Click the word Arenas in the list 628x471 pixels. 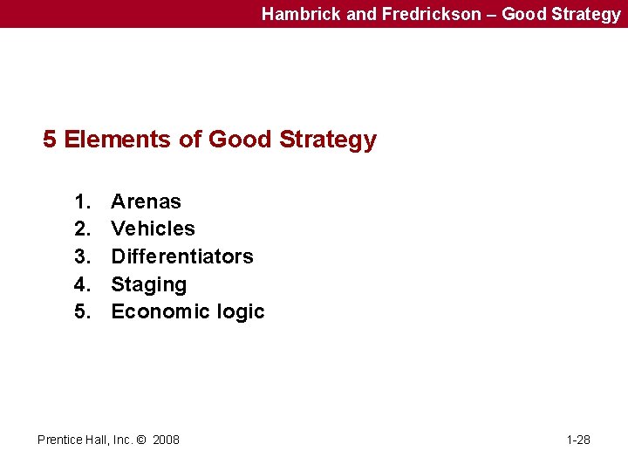tap(146, 201)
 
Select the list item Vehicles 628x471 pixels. tap(153, 229)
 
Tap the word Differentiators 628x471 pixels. tap(181, 256)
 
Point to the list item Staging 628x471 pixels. tap(148, 284)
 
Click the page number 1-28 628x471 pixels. tap(578, 440)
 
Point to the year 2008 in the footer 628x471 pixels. tap(166, 440)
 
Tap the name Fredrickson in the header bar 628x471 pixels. tap(431, 14)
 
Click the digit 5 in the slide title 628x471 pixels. tap(50, 140)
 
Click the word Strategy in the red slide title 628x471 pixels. tap(328, 140)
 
